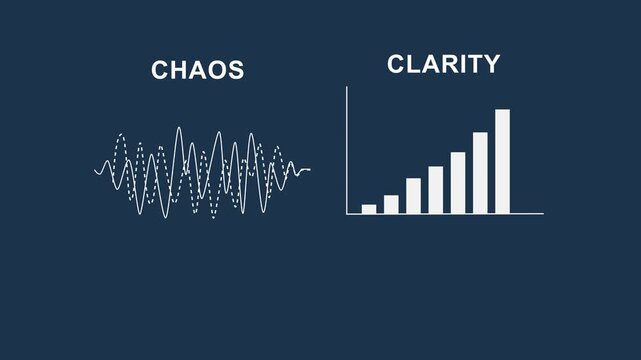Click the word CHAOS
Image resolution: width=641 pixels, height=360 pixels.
(x=198, y=70)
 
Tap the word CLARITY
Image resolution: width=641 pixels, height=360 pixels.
(x=443, y=65)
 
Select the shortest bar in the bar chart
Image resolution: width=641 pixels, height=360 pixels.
(x=369, y=208)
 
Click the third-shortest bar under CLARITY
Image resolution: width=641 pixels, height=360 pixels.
(x=413, y=195)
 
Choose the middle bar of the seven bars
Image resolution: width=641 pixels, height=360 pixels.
(x=436, y=189)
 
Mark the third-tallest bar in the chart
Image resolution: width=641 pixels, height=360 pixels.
(x=458, y=182)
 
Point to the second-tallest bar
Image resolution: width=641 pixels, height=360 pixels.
(x=480, y=172)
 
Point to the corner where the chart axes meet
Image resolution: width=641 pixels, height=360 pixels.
(x=347, y=213)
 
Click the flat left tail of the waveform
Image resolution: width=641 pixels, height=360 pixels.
(x=99, y=171)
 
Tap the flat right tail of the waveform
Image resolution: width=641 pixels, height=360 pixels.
(x=304, y=169)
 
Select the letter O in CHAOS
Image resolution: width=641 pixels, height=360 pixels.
(x=217, y=70)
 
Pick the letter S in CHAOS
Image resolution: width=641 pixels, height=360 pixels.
(x=236, y=70)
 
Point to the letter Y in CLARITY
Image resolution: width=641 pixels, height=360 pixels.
(x=490, y=65)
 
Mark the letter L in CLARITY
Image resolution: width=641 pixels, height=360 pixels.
(x=413, y=65)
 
